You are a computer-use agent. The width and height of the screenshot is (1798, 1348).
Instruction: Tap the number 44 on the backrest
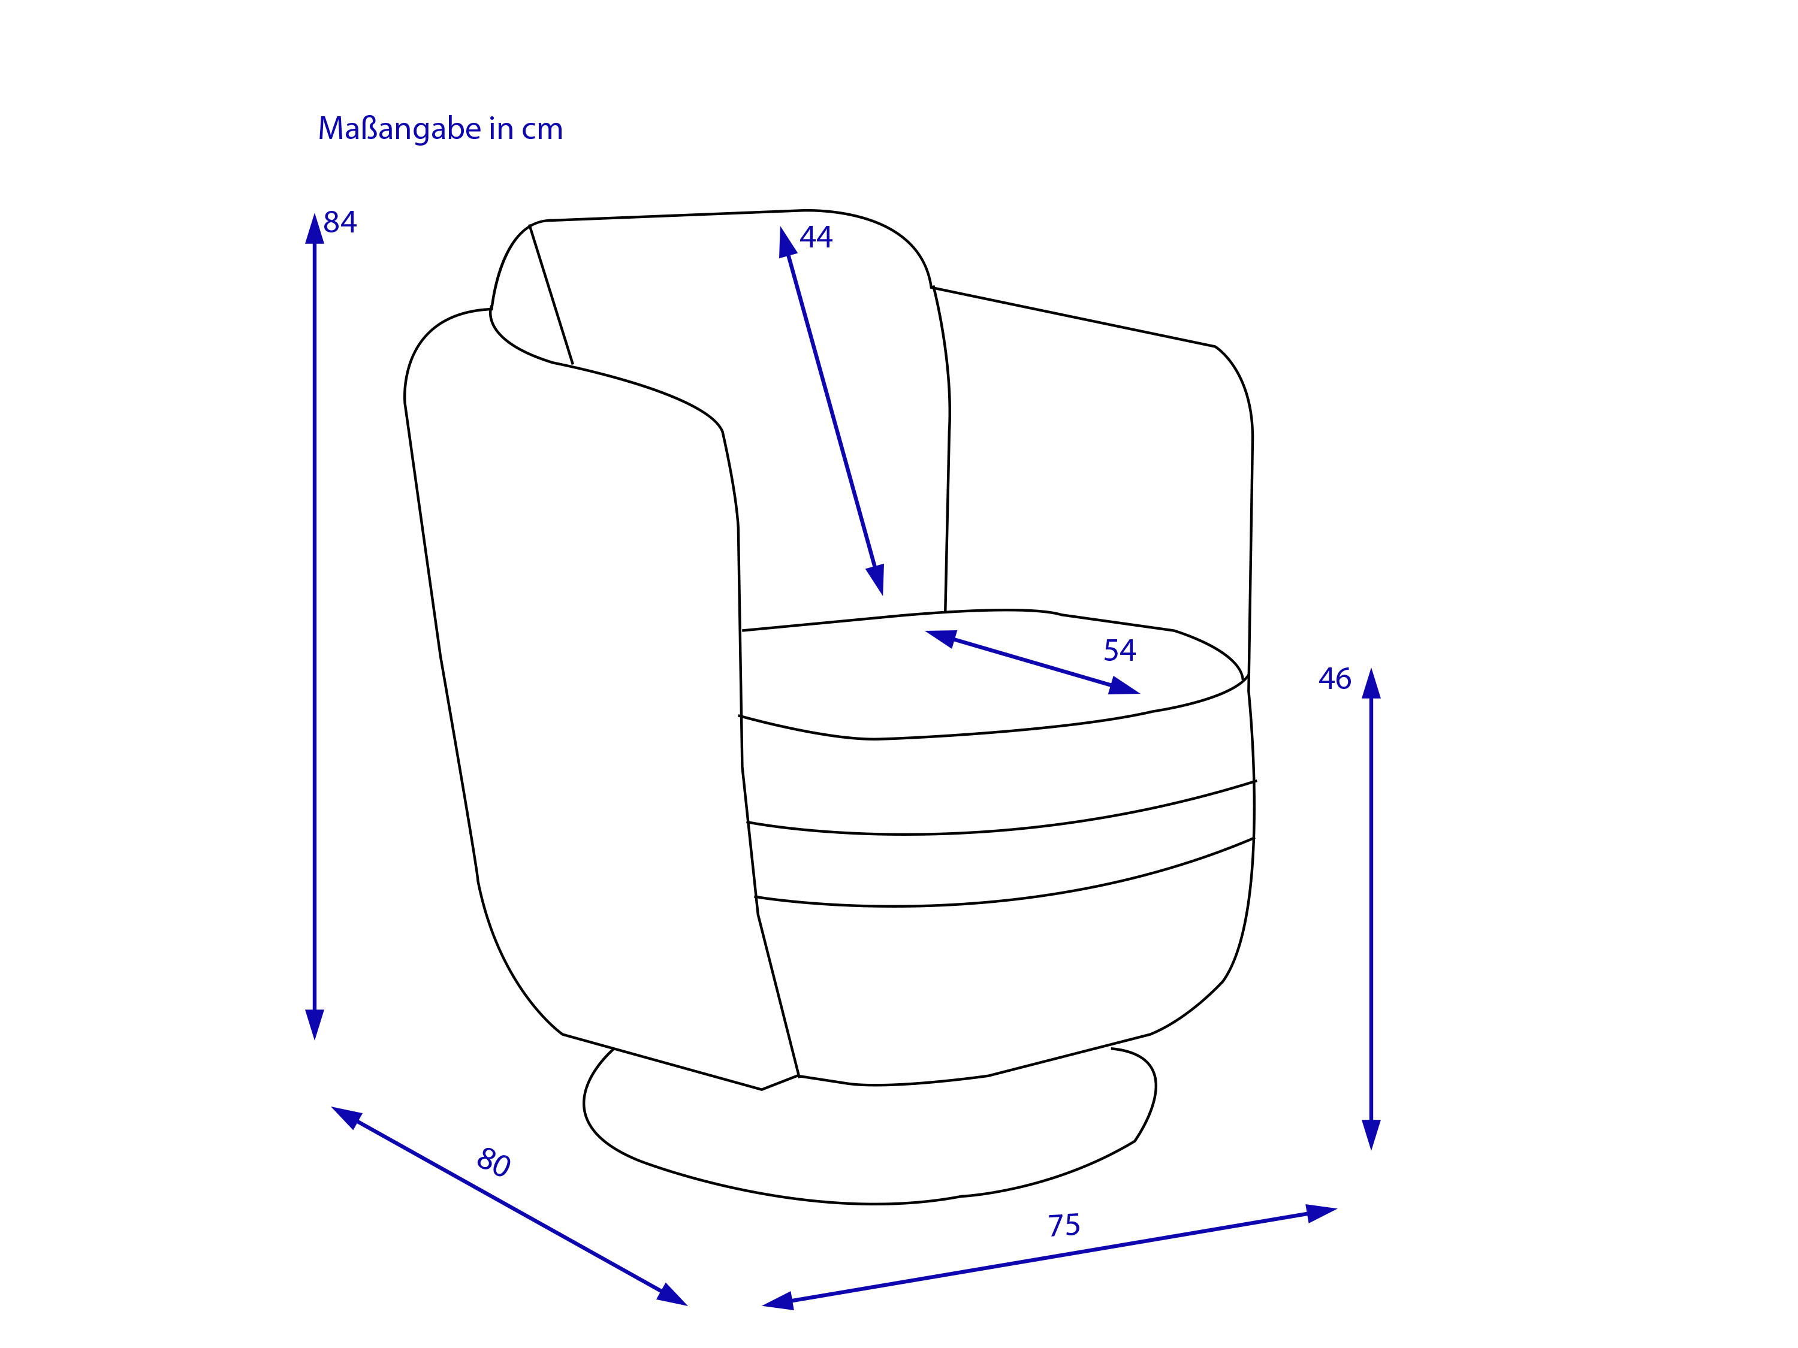[816, 237]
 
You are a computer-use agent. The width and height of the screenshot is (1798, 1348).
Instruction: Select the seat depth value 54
[1120, 650]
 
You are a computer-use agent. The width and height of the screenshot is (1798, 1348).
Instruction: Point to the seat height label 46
[1335, 678]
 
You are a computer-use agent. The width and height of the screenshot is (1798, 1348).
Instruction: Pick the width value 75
[1064, 1225]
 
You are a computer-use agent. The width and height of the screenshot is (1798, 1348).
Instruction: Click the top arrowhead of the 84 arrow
[315, 228]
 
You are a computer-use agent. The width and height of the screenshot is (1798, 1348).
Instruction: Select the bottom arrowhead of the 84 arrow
[315, 1024]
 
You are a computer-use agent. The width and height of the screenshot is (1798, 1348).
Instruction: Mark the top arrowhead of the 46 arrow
[1371, 684]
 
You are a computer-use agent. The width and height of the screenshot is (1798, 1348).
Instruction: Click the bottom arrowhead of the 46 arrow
[1371, 1135]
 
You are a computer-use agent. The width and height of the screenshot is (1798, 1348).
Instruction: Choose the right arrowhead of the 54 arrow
[1124, 687]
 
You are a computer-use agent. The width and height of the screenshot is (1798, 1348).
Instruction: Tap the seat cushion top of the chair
[992, 675]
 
